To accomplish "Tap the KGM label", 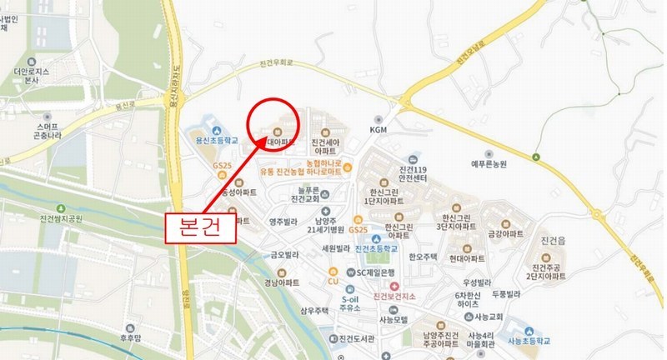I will (379, 129).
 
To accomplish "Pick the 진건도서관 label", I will (357, 339).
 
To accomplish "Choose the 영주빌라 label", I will (284, 222).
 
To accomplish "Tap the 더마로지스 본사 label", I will (33, 75).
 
